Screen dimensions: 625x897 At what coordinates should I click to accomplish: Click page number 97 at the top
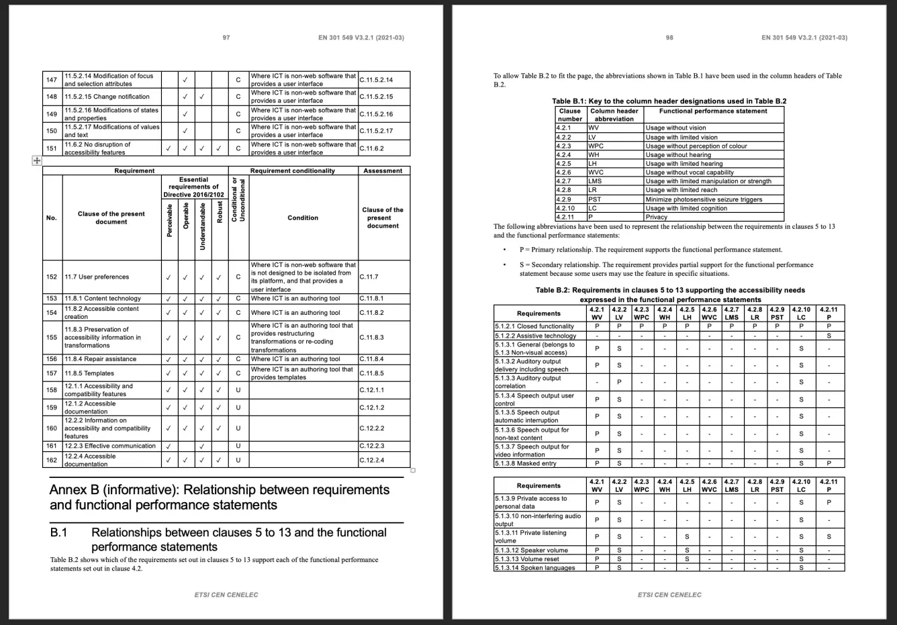click(x=226, y=38)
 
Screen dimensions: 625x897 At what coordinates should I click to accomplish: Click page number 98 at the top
click(x=669, y=38)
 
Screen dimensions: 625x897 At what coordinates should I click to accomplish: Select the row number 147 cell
click(x=52, y=80)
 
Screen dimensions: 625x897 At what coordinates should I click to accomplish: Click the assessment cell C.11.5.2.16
click(x=376, y=114)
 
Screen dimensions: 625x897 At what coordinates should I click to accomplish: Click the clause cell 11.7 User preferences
click(x=97, y=277)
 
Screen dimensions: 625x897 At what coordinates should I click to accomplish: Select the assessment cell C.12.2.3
click(x=371, y=446)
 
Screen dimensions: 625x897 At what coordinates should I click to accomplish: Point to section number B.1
click(x=60, y=532)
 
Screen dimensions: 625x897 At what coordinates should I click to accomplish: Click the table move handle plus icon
click(x=36, y=160)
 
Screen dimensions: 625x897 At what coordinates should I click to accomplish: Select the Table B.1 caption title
click(x=669, y=101)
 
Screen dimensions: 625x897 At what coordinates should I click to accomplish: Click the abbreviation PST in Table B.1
click(x=594, y=199)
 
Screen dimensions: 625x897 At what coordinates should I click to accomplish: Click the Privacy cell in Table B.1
click(x=656, y=217)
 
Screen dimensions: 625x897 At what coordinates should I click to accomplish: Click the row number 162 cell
click(x=52, y=461)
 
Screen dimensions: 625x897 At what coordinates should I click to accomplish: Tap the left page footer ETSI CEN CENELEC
click(x=226, y=595)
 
